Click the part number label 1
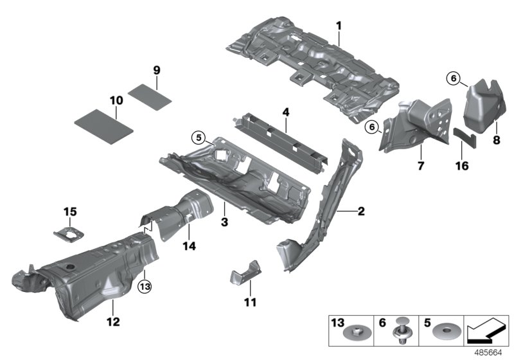point(339,26)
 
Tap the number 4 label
point(285,112)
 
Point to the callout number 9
point(156,69)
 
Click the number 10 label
point(116,100)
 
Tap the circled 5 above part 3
point(200,136)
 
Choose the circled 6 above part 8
point(453,78)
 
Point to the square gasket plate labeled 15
point(70,234)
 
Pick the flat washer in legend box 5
point(444,334)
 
